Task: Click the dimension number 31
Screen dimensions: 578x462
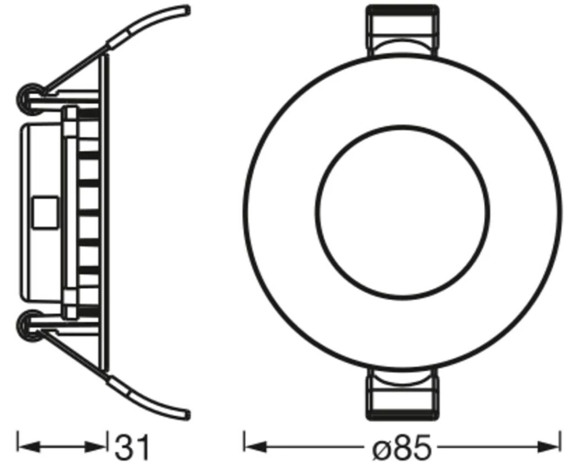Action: [132, 447]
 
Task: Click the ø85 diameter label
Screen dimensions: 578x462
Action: [402, 447]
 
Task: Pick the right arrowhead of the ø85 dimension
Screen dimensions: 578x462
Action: [549, 447]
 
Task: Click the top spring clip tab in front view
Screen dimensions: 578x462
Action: [402, 30]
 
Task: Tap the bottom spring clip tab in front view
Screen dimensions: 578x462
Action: [402, 394]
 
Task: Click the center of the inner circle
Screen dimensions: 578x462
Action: [402, 212]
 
